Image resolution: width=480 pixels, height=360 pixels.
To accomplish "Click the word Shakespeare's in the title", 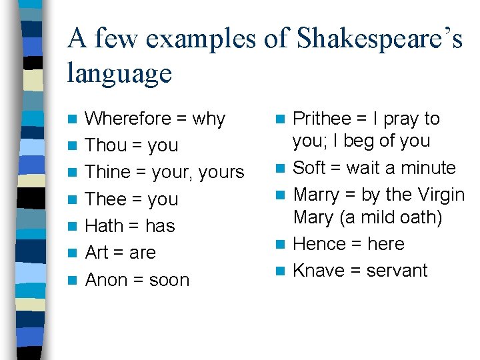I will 379,39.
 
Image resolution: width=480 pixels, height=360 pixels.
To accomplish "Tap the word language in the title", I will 119,73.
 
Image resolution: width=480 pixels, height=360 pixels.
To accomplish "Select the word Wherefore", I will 128,119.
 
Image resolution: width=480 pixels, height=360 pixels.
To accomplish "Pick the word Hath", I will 105,226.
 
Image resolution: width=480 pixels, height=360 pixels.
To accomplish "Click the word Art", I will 97,253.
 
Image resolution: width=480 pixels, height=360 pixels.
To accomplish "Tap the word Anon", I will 107,280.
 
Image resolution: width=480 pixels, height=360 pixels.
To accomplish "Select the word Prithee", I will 322,119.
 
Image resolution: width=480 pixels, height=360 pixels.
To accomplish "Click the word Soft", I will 308,167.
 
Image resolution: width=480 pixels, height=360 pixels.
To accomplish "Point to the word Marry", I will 316,195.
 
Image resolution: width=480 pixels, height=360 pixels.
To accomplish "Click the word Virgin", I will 441,195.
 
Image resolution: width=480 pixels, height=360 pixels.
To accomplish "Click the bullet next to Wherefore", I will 73,119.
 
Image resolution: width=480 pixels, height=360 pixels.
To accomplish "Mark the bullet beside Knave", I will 281,271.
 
